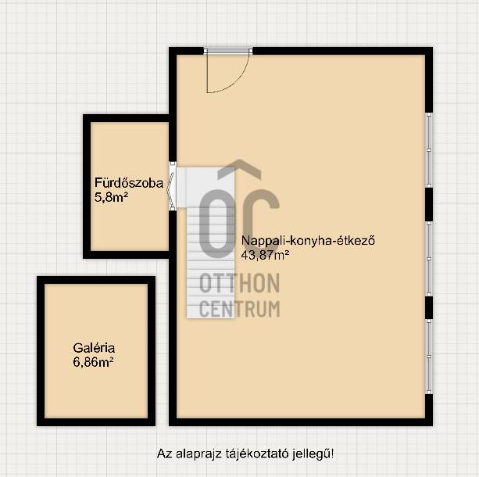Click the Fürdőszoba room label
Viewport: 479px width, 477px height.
pyautogui.click(x=129, y=183)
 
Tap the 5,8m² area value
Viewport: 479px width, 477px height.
pyautogui.click(x=111, y=197)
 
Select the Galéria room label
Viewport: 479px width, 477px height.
pyautogui.click(x=94, y=348)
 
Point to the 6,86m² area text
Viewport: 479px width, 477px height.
pyautogui.click(x=93, y=362)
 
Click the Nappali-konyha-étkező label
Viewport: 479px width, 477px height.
pyautogui.click(x=308, y=241)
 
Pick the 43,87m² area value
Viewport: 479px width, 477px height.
pyautogui.click(x=265, y=255)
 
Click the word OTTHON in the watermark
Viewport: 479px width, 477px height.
pyautogui.click(x=239, y=283)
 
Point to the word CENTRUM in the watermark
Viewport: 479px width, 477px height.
pyautogui.click(x=239, y=309)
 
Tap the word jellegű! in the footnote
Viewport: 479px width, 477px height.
pyautogui.click(x=313, y=454)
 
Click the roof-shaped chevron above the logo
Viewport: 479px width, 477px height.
pyautogui.click(x=239, y=169)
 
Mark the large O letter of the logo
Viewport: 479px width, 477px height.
pyautogui.click(x=217, y=223)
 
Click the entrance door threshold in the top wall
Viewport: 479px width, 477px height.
pyautogui.click(x=228, y=51)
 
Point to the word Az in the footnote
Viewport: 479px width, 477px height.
pyautogui.click(x=164, y=454)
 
